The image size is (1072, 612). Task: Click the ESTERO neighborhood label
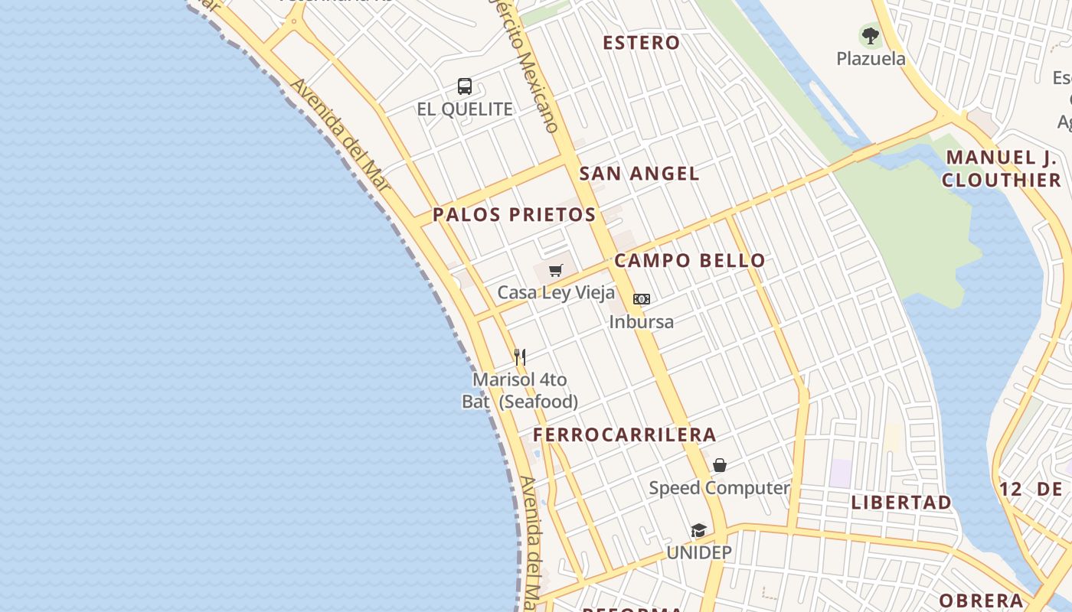click(641, 43)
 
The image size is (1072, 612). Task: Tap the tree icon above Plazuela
click(870, 35)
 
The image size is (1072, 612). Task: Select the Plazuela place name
click(871, 59)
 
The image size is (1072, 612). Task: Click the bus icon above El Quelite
click(465, 86)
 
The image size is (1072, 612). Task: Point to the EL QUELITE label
click(465, 109)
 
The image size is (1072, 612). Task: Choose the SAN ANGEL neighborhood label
click(639, 174)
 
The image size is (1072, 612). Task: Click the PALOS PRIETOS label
click(515, 215)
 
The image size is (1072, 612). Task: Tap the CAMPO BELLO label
click(690, 261)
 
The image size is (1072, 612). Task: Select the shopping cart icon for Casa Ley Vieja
click(556, 270)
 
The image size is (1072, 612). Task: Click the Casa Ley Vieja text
click(556, 293)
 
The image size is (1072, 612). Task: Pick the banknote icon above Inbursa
click(642, 299)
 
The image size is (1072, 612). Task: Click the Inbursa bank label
click(642, 322)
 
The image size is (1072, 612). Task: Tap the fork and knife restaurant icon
click(520, 356)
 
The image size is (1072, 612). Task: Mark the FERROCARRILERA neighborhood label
click(625, 435)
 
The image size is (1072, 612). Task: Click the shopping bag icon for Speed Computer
click(720, 465)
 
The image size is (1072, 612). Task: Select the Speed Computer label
click(719, 488)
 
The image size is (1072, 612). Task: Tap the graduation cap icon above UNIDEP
click(698, 530)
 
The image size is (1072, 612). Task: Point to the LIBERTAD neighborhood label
click(901, 503)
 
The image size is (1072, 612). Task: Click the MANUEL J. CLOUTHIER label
click(1002, 169)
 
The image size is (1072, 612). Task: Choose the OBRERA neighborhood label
click(981, 601)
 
